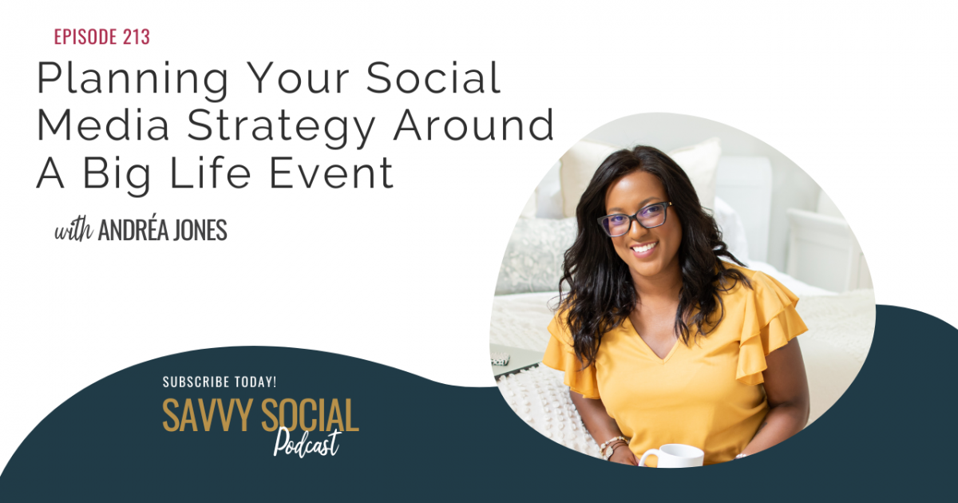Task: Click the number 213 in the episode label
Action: (136, 37)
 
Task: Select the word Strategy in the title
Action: (281, 126)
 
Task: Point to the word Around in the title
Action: (473, 125)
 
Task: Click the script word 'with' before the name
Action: (73, 231)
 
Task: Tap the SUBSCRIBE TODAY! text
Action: (220, 382)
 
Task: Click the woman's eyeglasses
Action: (634, 219)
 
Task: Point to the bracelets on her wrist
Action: (613, 446)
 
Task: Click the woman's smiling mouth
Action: (643, 248)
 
